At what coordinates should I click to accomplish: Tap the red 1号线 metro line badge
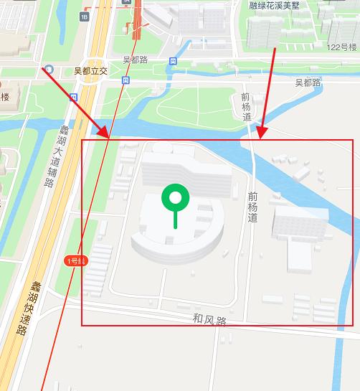75,260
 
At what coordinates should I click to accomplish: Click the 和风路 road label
209,319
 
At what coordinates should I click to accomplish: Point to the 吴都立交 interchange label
90,72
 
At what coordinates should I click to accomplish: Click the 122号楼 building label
341,47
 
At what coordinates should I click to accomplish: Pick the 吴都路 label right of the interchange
135,60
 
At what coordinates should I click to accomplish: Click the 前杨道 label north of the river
246,107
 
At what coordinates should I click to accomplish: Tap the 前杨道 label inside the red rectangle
252,207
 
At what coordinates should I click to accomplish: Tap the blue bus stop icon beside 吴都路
172,62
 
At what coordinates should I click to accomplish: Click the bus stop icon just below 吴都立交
125,81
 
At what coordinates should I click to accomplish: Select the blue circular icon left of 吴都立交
48,70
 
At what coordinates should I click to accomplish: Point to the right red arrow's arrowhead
260,136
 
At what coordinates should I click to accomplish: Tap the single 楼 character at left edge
4,96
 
